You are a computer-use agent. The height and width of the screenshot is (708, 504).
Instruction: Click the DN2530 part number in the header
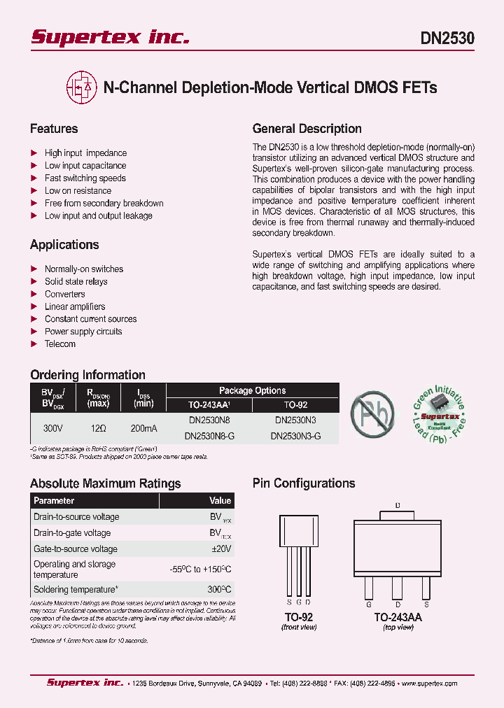[447, 39]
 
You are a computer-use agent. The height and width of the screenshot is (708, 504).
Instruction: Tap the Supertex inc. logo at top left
[110, 38]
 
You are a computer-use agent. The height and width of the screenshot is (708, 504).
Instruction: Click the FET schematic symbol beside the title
[80, 87]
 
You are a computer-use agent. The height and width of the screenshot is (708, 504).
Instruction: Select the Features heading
[54, 129]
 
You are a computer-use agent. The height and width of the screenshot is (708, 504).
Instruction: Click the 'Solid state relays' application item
[76, 281]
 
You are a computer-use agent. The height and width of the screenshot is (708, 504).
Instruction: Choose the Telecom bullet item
[60, 344]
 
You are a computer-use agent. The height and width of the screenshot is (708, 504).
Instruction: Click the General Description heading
[307, 129]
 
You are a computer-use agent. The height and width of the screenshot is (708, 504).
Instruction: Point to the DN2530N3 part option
[295, 420]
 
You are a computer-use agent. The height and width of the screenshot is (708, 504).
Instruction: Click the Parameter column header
[54, 501]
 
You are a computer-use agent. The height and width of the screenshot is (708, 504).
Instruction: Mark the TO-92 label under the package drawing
[298, 617]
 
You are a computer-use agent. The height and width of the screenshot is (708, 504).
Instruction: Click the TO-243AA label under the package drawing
[398, 617]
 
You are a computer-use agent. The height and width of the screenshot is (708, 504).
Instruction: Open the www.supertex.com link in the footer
[428, 684]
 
